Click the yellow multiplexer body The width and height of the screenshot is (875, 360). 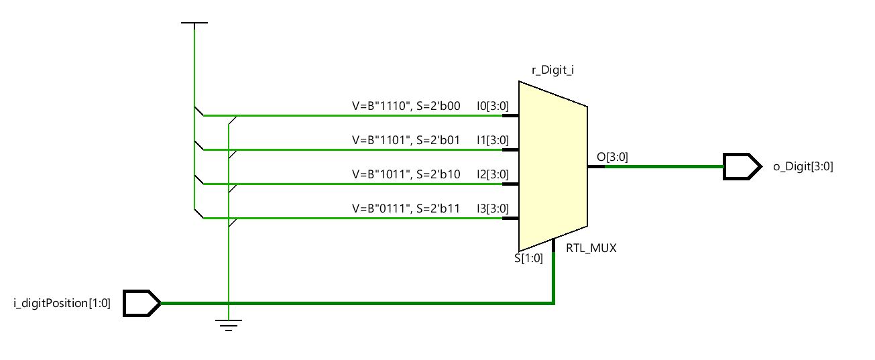[x=552, y=166]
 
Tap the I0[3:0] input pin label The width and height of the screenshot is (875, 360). [x=492, y=105]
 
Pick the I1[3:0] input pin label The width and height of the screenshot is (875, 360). [x=492, y=140]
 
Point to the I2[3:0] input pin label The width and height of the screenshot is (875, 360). [x=492, y=174]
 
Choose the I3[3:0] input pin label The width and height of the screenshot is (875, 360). [x=492, y=208]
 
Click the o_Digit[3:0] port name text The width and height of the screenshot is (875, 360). [x=803, y=167]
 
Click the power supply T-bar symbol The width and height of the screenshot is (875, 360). [x=194, y=24]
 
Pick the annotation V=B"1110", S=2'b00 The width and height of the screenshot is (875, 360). [x=406, y=105]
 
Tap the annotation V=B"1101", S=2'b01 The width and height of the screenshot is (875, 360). [x=406, y=140]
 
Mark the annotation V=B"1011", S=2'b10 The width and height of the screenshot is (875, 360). [x=406, y=174]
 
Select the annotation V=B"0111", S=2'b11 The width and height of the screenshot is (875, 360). [x=406, y=208]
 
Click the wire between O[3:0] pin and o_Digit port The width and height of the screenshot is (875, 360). [x=664, y=166]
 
